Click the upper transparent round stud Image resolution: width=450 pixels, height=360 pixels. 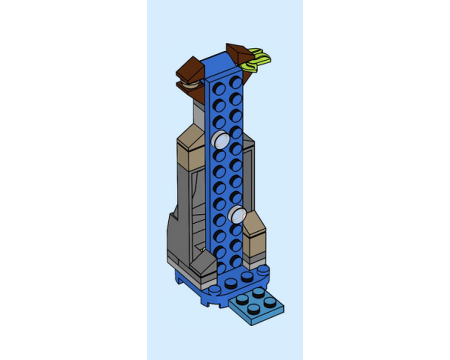coord(220,140)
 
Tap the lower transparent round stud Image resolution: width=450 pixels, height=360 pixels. coord(237,214)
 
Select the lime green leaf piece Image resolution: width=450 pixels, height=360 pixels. coord(257,61)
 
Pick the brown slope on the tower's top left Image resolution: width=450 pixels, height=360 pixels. coord(190,70)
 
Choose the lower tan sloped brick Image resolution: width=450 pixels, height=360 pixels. coord(254,228)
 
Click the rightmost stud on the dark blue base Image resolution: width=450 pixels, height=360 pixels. coord(263,270)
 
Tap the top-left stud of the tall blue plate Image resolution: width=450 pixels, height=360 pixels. coord(219,89)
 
